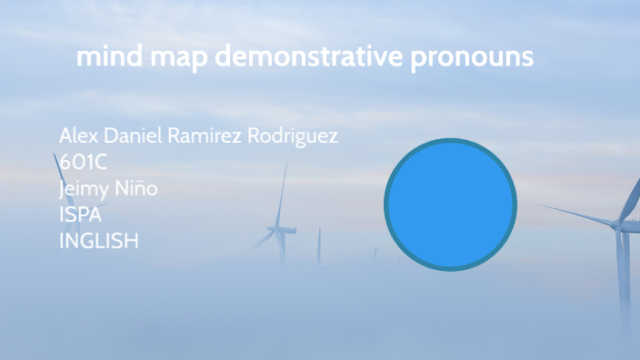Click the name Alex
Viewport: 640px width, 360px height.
(77, 136)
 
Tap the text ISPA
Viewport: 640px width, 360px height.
(80, 215)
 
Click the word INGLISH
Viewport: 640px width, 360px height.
(99, 242)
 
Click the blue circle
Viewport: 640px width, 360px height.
(450, 205)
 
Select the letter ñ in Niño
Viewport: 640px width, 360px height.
(143, 190)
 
